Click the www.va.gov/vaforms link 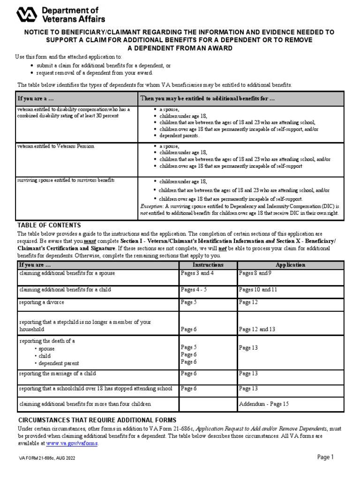[x=72, y=443]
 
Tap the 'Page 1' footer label [x=325, y=457]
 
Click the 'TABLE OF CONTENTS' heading [x=49, y=225]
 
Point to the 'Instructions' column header [x=208, y=265]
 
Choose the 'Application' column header [x=290, y=265]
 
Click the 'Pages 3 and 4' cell [x=197, y=273]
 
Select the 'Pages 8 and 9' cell [x=255, y=273]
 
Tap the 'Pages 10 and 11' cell [x=258, y=290]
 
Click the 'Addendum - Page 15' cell [x=264, y=404]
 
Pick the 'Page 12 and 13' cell [x=257, y=329]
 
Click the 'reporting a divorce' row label [x=42, y=302]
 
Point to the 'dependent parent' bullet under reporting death [x=59, y=363]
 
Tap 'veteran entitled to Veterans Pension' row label [x=56, y=146]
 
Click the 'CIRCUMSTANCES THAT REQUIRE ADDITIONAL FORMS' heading [x=97, y=420]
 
